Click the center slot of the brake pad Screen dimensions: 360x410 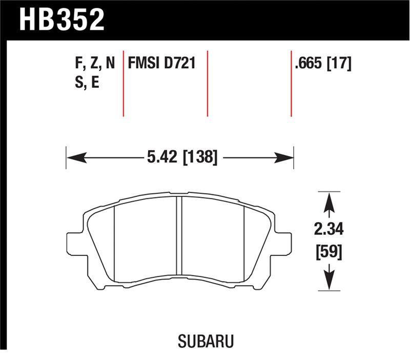coord(179,236)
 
